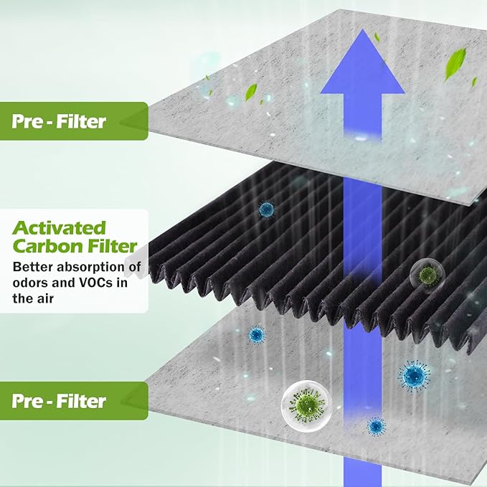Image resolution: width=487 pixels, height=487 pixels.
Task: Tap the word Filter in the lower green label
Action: click(x=81, y=401)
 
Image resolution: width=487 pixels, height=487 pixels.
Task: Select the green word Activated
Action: click(x=59, y=228)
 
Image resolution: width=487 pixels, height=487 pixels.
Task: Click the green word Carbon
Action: click(x=48, y=246)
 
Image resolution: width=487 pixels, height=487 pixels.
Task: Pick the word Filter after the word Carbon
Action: click(x=112, y=246)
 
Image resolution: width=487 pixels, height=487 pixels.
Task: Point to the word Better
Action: click(x=33, y=267)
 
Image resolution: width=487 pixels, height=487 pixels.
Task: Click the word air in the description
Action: click(x=45, y=298)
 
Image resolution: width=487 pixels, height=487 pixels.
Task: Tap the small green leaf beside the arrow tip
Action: click(x=377, y=37)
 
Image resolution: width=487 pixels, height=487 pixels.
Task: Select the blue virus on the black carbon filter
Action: click(x=267, y=209)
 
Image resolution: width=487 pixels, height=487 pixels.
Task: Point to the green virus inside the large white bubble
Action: click(x=306, y=405)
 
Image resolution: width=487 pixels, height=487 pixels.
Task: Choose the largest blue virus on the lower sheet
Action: click(x=414, y=376)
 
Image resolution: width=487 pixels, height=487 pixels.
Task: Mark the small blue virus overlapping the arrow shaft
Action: click(x=376, y=426)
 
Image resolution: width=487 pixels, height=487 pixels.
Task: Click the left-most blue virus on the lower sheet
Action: click(x=257, y=334)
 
